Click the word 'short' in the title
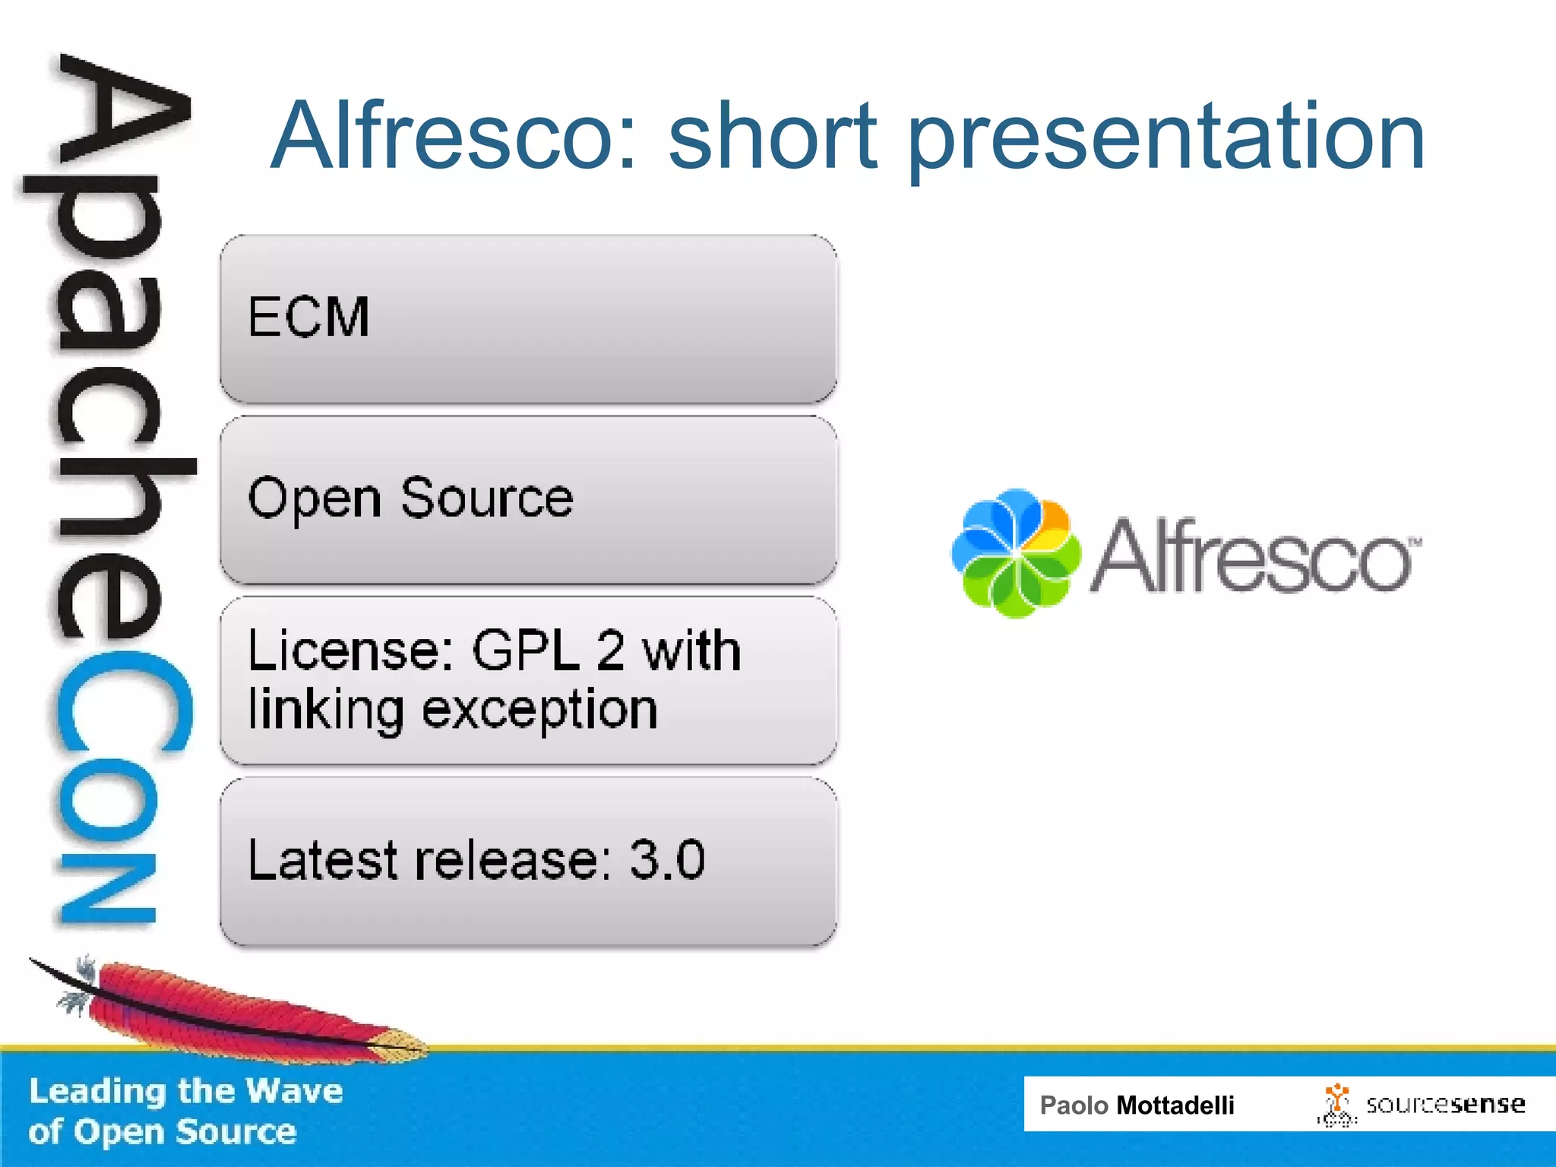772,137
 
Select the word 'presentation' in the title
1166,141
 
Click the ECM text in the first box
308,317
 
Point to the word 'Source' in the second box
486,498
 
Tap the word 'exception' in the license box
539,711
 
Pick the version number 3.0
667,860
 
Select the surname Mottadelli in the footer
1175,1105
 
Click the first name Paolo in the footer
1074,1105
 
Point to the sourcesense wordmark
1445,1104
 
